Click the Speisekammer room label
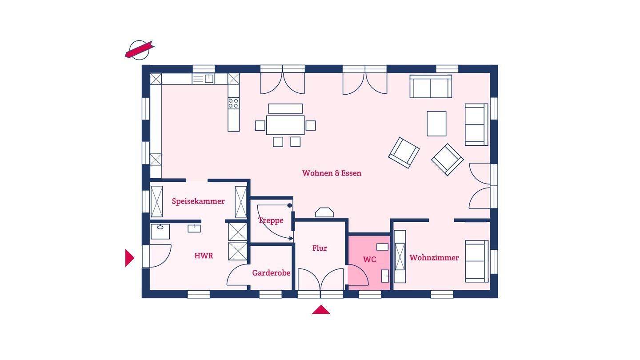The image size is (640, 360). [x=198, y=201]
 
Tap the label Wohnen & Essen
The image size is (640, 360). [x=332, y=173]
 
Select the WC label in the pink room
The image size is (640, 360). [x=369, y=260]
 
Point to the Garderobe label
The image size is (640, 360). [x=271, y=273]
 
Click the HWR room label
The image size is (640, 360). [x=204, y=256]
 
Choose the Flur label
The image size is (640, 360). [x=320, y=248]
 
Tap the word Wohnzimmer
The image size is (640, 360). [x=434, y=258]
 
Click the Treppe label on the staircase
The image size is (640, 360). [x=271, y=220]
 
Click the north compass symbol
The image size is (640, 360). [x=139, y=50]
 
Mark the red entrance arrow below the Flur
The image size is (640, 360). [x=321, y=310]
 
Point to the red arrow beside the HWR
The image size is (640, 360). [x=129, y=258]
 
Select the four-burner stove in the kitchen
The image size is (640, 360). [x=233, y=104]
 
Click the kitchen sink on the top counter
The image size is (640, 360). [x=204, y=79]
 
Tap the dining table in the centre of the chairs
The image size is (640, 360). [x=285, y=125]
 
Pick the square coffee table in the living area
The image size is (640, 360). [x=436, y=124]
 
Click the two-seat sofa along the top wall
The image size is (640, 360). [x=431, y=87]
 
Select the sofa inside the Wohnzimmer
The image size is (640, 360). [x=476, y=261]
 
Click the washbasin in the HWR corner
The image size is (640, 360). [x=160, y=231]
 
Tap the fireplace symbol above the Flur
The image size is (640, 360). [x=324, y=212]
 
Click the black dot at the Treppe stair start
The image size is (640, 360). [x=289, y=205]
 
